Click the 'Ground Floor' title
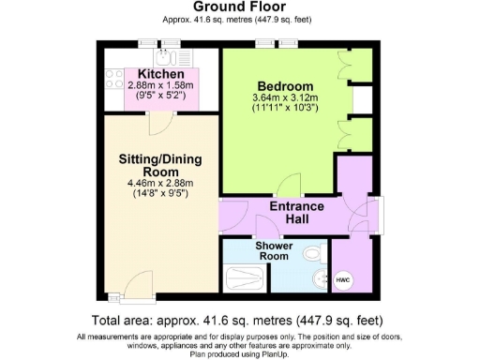click(x=239, y=7)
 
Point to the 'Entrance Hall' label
click(x=296, y=213)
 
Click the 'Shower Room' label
click(x=275, y=250)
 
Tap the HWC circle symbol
click(x=343, y=278)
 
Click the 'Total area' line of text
click(x=239, y=319)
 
